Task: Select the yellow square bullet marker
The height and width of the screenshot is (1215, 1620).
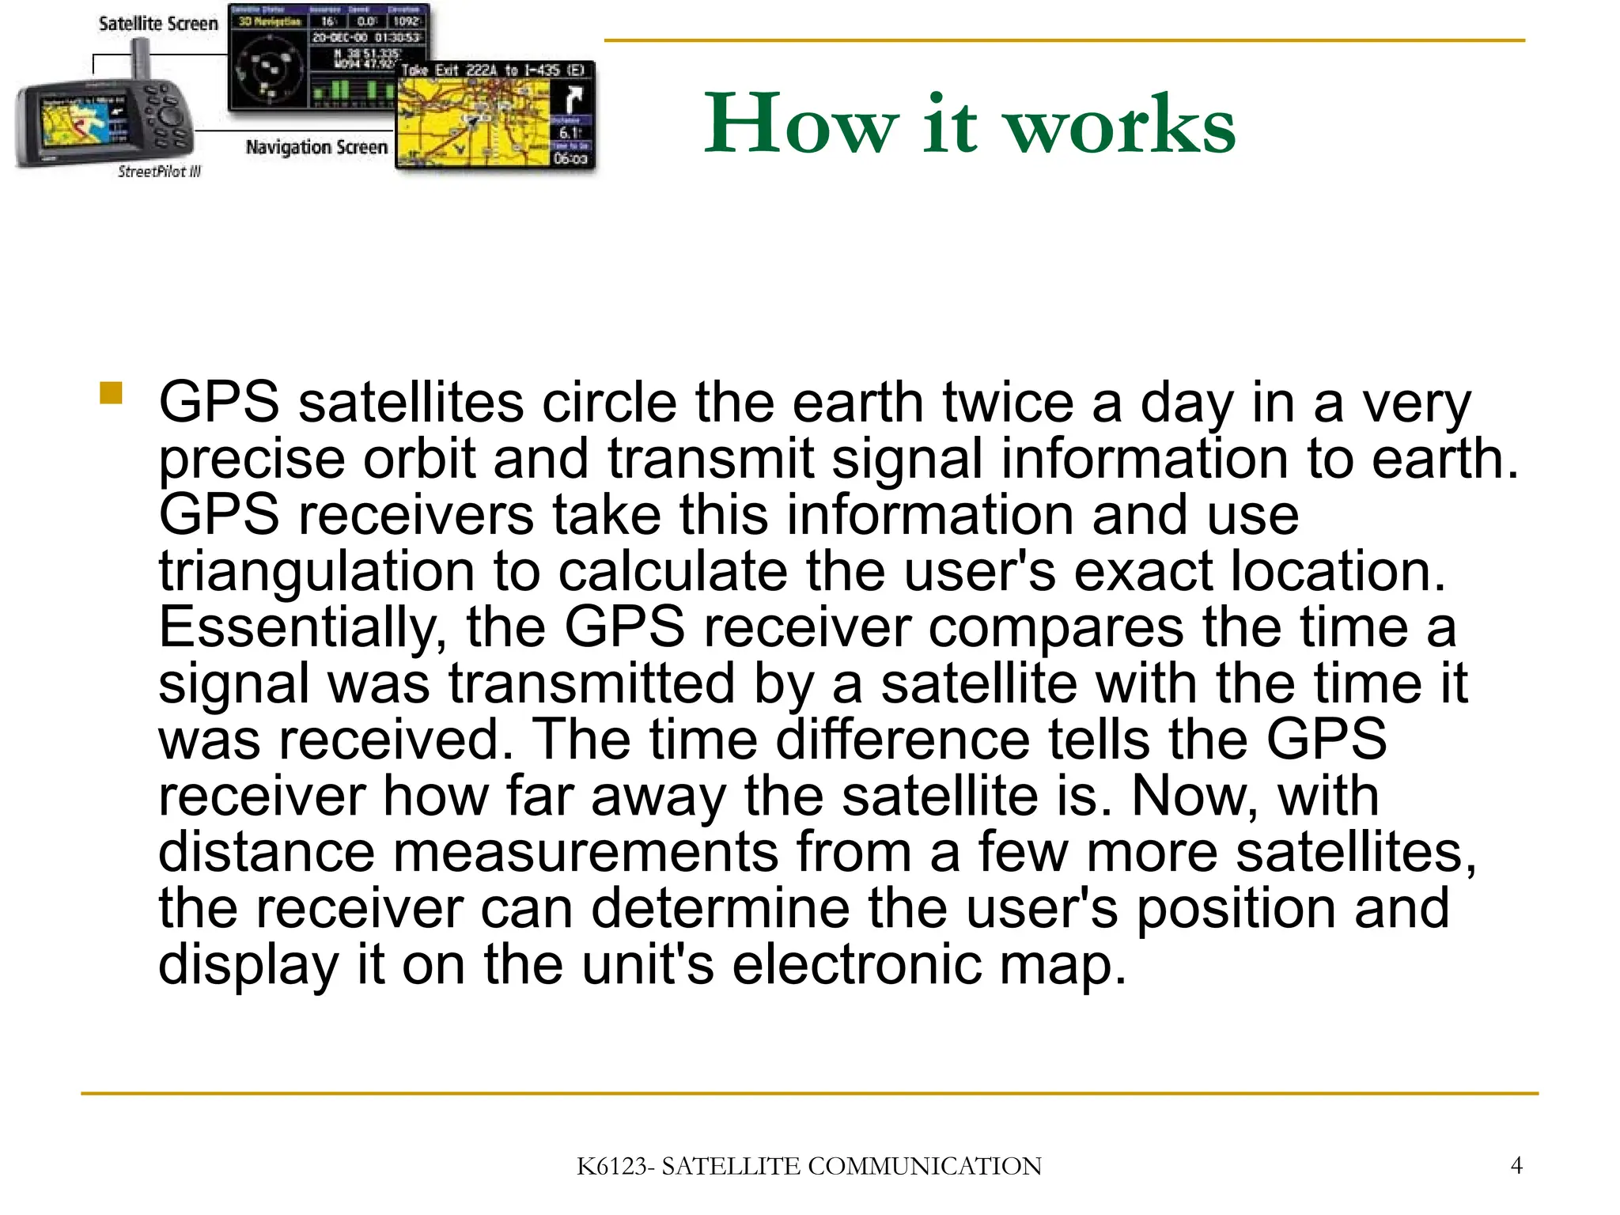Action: tap(112, 393)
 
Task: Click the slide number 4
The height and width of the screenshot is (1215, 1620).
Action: tap(1516, 1165)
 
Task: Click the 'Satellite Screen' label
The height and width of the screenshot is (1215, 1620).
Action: tap(158, 24)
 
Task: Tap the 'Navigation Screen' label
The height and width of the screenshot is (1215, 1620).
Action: tap(316, 147)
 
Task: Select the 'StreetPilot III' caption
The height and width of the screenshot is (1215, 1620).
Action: tap(159, 172)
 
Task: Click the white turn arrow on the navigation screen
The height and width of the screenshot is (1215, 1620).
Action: tap(572, 100)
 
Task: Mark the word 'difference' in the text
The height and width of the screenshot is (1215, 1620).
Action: tap(903, 740)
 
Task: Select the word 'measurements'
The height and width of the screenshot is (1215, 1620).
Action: tap(585, 852)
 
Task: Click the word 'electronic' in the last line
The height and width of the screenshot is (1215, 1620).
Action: tap(857, 964)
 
